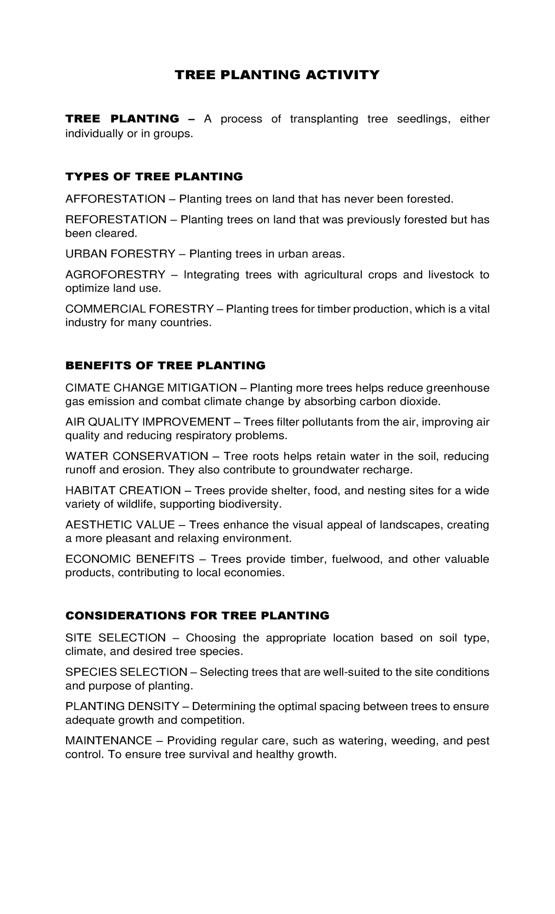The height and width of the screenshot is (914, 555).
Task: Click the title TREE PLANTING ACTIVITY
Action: [277, 75]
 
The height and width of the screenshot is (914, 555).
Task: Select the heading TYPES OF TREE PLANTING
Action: [154, 176]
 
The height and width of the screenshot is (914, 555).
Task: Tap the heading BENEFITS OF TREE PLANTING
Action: [165, 365]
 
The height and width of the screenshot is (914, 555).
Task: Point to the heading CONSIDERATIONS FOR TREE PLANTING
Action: [197, 616]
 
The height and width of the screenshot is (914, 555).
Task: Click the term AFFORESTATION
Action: [115, 199]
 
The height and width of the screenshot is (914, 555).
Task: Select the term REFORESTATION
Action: [116, 219]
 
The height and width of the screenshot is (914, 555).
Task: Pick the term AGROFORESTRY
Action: [115, 275]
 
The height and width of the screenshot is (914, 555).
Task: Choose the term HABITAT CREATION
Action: [123, 490]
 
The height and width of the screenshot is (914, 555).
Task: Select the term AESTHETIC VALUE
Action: [120, 525]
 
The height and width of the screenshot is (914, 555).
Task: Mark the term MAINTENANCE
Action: [109, 741]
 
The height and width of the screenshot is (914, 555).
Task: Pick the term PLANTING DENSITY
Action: [122, 706]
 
